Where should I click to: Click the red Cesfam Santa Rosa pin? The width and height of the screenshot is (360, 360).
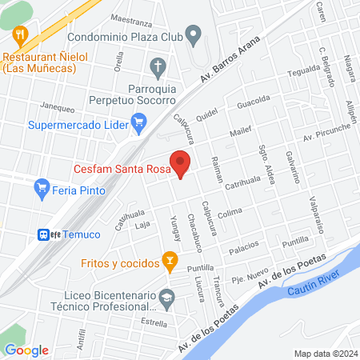click(181, 165)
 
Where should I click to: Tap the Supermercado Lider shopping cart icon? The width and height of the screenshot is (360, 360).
click(139, 122)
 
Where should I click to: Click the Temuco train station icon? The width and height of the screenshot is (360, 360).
click(44, 234)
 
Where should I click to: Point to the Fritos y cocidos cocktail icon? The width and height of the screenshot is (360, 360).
click(169, 259)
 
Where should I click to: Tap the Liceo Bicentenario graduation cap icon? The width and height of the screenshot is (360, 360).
click(166, 299)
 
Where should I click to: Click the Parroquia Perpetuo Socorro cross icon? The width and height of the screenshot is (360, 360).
click(158, 66)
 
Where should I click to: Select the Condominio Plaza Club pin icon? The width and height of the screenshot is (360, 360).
click(193, 34)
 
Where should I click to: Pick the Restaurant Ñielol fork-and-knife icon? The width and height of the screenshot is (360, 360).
click(21, 34)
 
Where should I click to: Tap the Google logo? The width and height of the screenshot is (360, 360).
click(26, 350)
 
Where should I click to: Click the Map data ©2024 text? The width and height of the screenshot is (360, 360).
click(324, 354)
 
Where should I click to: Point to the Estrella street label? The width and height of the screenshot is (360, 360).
click(153, 323)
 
